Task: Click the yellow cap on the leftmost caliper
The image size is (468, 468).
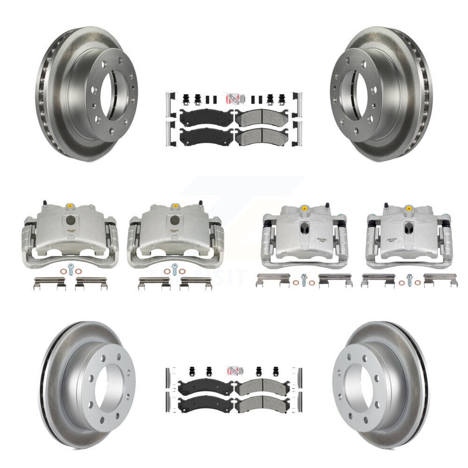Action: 69,205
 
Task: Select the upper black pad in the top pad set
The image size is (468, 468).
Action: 206,118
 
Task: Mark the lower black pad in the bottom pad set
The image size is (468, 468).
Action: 205,405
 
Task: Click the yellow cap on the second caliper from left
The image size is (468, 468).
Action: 174,205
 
